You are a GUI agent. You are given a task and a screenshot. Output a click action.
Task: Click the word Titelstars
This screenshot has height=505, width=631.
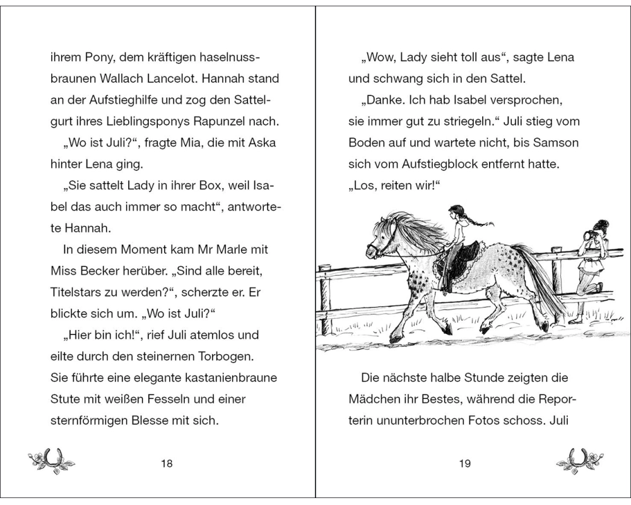coord(78,292)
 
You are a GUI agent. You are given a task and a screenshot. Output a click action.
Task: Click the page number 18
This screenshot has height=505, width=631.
coord(167,464)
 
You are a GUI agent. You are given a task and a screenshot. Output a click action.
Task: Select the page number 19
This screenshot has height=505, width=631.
coord(465,464)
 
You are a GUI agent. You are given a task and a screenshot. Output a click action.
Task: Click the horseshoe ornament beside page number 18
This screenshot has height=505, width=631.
coord(52,461)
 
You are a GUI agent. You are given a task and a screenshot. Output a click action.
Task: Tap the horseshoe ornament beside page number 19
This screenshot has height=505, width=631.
coord(580,461)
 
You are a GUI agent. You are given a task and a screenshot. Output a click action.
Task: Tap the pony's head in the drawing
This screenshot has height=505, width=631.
coord(382,240)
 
